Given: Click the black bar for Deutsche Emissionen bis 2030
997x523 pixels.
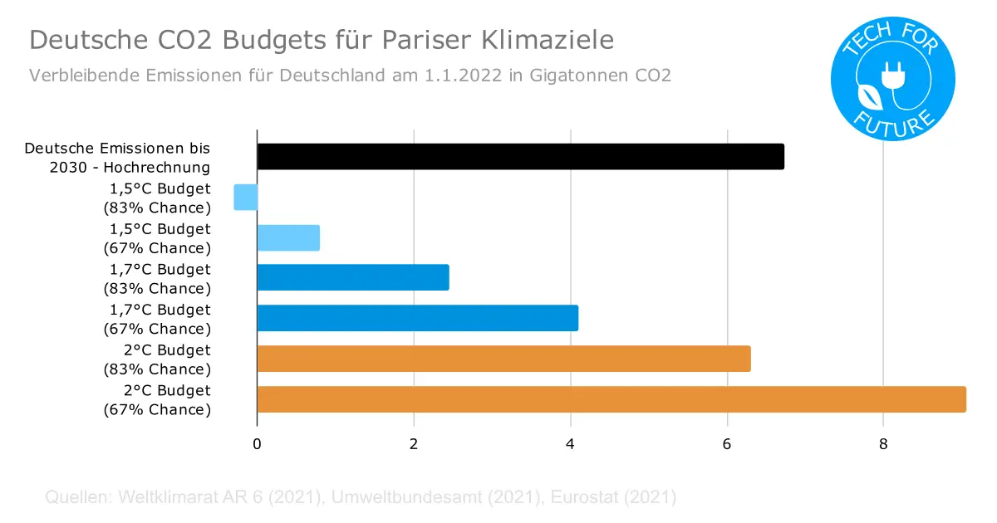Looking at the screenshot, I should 520,156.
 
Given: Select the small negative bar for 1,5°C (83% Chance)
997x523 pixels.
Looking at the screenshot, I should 246,197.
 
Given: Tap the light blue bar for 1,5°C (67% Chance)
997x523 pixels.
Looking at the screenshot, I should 288,237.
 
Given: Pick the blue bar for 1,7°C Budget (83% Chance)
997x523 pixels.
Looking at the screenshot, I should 353,277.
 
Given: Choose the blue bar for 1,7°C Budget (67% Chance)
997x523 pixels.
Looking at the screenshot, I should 417,318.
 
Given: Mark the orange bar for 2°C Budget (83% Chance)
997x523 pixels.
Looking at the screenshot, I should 503,359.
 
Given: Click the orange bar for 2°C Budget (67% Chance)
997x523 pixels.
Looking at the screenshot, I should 611,399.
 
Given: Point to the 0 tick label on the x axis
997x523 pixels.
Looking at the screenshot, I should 257,444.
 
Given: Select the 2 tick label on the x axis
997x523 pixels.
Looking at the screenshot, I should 414,444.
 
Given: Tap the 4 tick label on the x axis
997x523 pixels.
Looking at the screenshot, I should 570,444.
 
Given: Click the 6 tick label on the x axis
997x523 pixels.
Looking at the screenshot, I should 727,444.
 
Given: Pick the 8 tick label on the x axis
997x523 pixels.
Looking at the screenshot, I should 883,444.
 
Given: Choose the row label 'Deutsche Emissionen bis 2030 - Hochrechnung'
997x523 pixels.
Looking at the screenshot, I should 117,156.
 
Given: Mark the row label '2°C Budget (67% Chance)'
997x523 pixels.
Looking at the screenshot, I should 157,399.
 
